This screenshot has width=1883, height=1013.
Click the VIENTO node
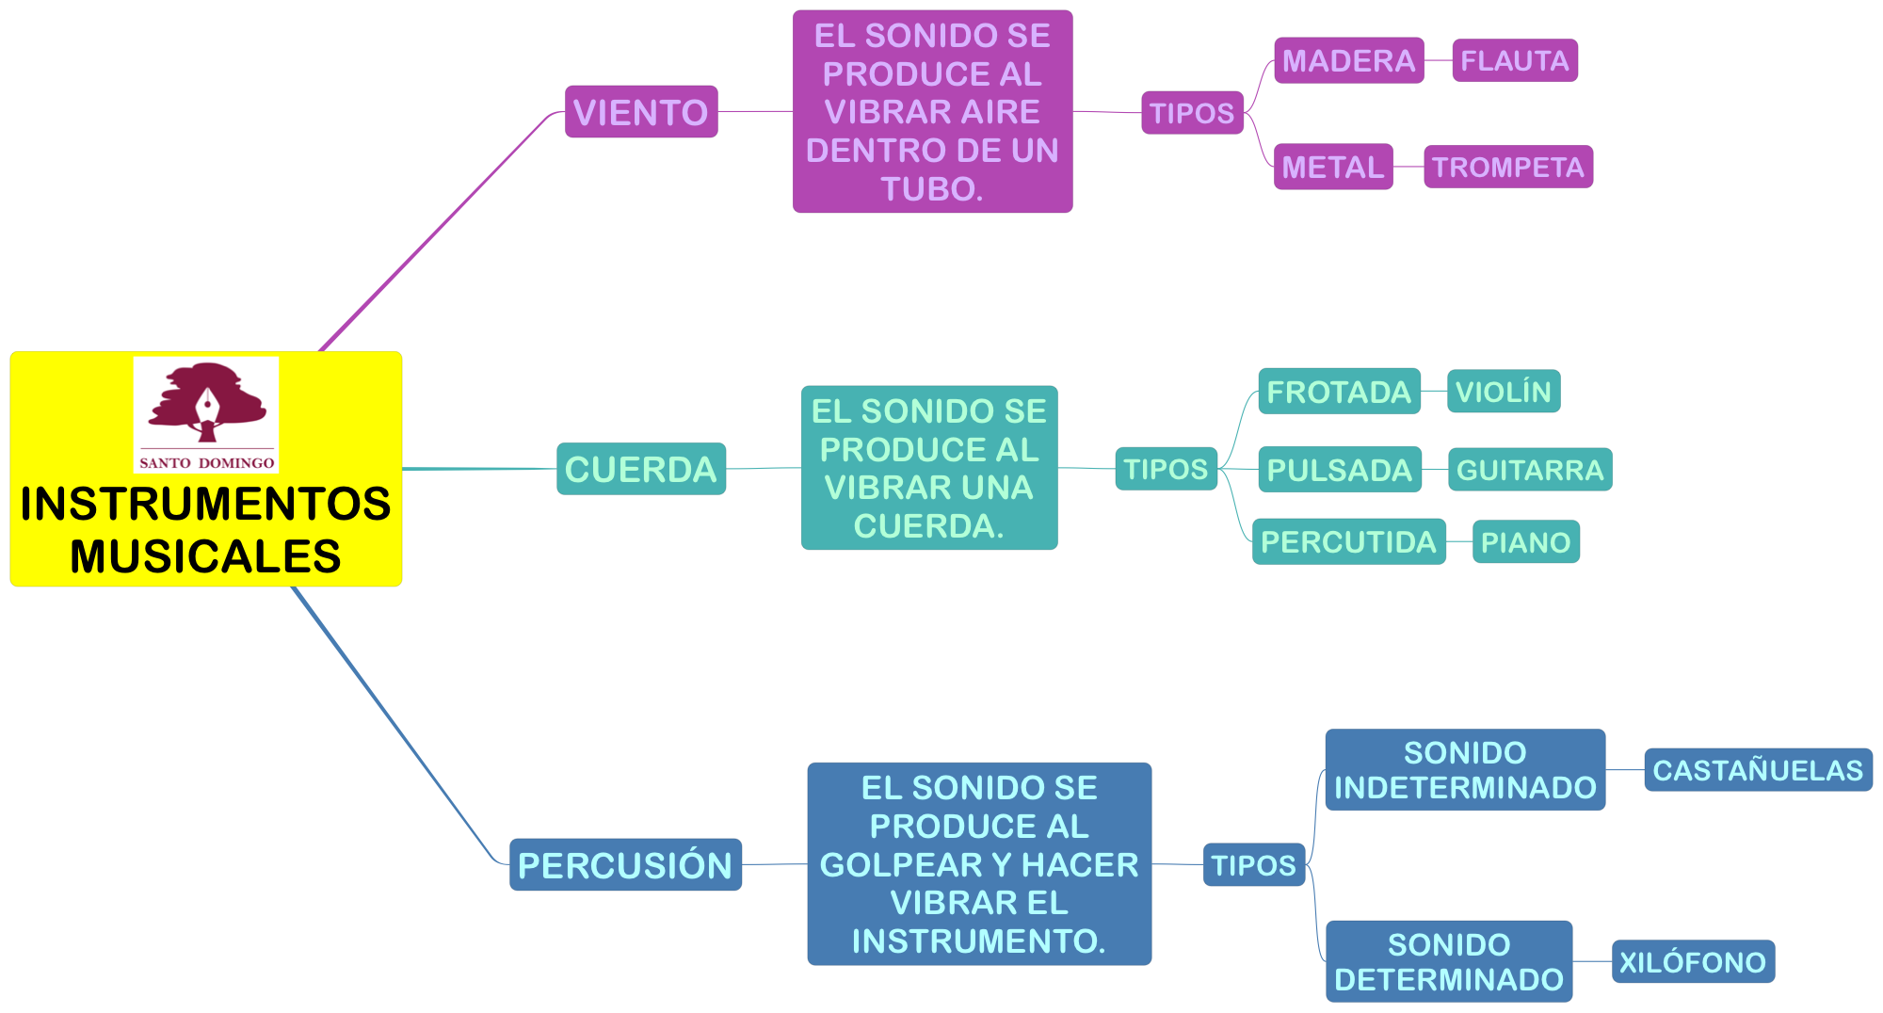641,112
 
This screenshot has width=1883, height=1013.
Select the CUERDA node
641,469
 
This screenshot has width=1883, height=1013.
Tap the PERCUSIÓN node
625,865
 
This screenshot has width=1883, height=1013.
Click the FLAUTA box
1515,61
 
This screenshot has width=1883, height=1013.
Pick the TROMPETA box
1508,167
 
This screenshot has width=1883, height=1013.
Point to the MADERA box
1348,61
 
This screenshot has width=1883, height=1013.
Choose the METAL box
1333,167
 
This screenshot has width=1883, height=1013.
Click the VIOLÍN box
1504,392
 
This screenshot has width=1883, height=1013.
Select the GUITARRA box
1530,470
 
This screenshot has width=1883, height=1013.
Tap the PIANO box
1526,542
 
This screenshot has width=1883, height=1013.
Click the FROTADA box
1339,392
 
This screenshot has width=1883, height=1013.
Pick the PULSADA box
1340,470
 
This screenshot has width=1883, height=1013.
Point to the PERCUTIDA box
1348,542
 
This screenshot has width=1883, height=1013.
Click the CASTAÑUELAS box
1758,770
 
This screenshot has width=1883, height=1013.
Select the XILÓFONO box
1693,962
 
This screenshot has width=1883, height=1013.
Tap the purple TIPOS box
1192,113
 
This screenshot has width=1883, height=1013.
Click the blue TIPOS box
1253,865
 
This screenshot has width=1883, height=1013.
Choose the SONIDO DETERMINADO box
1449,962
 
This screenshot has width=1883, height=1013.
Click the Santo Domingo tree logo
206,406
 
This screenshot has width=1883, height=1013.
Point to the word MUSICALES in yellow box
205,556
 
